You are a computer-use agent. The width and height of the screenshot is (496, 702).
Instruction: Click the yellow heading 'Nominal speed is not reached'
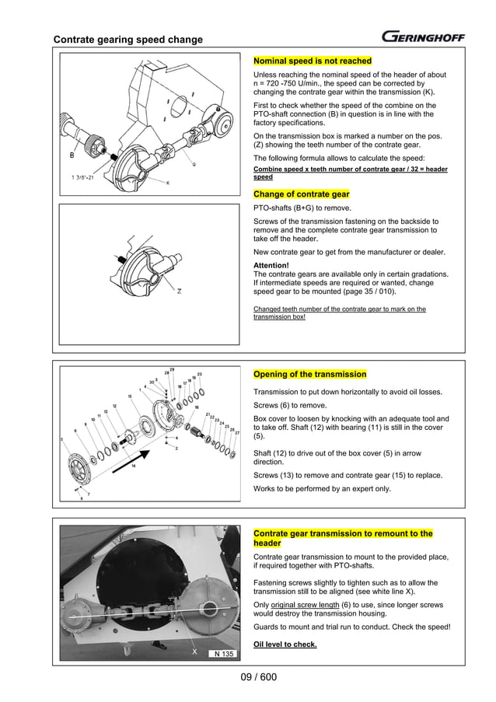coord(313,61)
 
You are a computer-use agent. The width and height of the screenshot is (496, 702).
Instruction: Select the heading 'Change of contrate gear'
coord(302,194)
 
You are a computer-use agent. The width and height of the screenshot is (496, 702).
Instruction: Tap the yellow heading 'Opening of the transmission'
coord(310,375)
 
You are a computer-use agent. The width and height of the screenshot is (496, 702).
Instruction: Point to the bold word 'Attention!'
coord(271,264)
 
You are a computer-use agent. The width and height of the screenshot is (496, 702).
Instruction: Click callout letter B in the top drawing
coord(72,155)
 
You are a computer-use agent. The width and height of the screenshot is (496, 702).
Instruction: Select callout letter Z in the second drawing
coord(179,292)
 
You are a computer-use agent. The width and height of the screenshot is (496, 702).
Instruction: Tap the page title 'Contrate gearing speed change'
coord(127,40)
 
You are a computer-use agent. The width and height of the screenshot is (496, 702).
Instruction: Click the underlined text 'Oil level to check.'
coord(285,644)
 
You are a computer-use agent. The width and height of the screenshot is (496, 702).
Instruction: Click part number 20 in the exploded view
coord(200,375)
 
